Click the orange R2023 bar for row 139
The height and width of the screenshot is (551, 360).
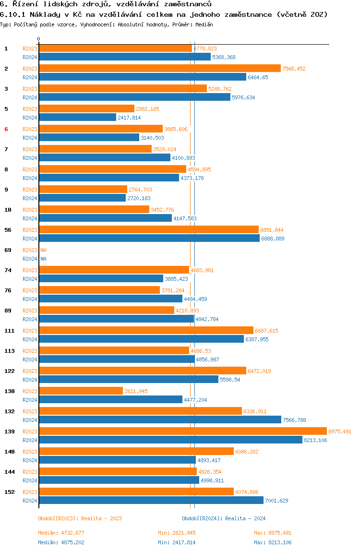coord(183,431)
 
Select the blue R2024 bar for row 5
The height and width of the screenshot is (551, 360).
coord(78,118)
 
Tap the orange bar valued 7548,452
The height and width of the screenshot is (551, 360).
coord(160,69)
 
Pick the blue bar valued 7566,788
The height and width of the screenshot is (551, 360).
coord(160,419)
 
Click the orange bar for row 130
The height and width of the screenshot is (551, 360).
coord(81,391)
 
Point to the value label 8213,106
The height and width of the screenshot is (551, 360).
coord(315,440)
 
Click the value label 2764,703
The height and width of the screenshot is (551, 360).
coord(140,190)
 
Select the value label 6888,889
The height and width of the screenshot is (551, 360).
coord(273,238)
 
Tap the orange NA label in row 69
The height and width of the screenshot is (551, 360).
coord(43,250)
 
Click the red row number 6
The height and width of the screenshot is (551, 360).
coord(6,129)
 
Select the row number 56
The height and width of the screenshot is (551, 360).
coord(8,230)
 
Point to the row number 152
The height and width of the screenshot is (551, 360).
coord(10,491)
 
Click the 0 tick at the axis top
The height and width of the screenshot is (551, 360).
coord(39,39)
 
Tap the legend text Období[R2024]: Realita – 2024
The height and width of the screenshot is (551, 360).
coord(224,518)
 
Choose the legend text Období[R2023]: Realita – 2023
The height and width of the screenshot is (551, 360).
coord(80,518)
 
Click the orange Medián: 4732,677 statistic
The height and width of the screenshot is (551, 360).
coord(61,533)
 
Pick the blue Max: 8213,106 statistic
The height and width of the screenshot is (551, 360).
coord(273,542)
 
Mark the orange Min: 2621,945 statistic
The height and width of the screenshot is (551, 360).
coord(177,533)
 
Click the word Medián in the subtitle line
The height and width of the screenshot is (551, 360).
coord(204,24)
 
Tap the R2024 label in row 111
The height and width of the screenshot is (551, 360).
coord(30,339)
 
